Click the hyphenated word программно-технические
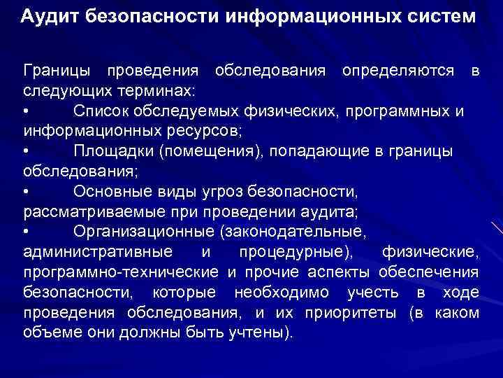122,272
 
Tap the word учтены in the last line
259,332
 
